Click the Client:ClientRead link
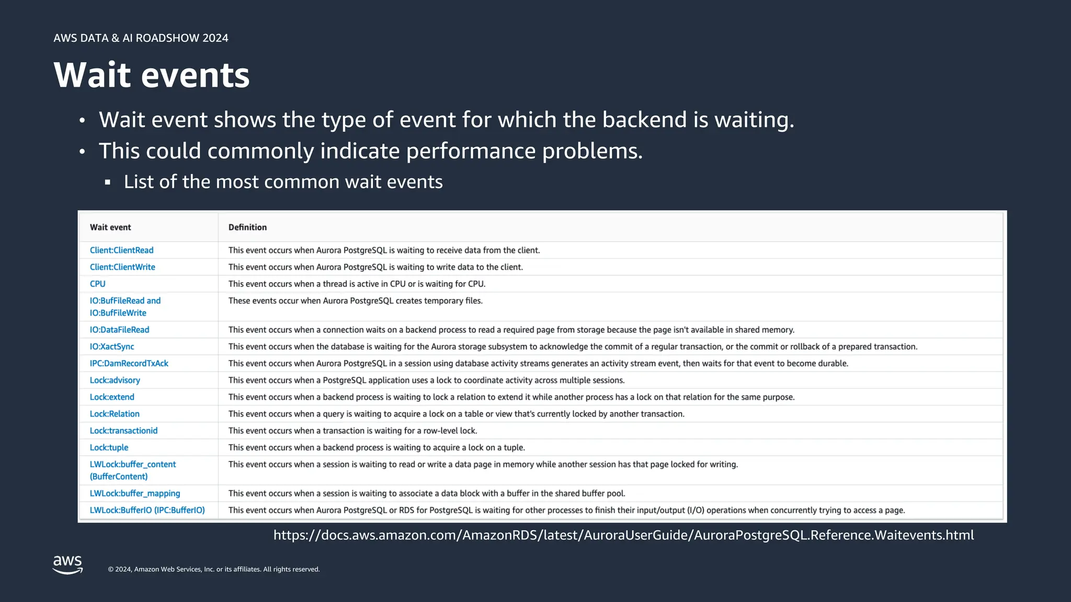point(121,250)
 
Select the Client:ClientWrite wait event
point(122,267)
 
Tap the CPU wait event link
point(97,284)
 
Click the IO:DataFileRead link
point(119,330)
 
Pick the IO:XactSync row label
point(112,346)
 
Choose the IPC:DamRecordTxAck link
point(129,363)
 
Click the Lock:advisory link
point(115,380)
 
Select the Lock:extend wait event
point(112,397)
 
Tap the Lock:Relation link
point(115,414)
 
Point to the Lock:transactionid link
point(123,431)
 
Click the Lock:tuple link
point(109,447)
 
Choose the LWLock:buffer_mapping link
point(135,493)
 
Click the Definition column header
point(247,227)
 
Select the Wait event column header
point(110,227)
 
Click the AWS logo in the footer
point(68,564)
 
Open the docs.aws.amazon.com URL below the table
point(623,535)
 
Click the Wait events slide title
point(152,75)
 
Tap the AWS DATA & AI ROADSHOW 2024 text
point(141,38)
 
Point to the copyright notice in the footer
point(213,569)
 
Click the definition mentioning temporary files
point(355,301)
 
